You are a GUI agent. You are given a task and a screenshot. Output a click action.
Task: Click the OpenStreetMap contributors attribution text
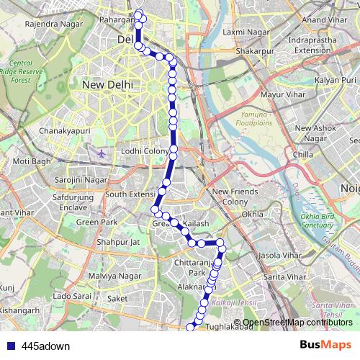click(x=297, y=323)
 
